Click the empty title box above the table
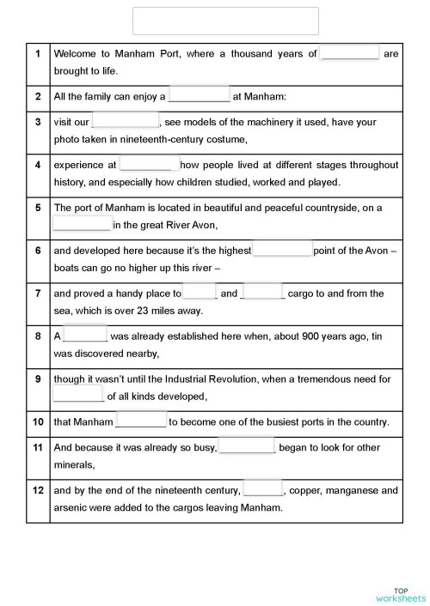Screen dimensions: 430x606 (225, 21)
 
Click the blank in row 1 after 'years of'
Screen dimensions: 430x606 (349, 53)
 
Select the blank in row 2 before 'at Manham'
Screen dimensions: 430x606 (200, 96)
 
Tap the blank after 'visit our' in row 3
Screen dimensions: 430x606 (126, 121)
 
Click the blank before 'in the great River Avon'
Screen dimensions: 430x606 (83, 225)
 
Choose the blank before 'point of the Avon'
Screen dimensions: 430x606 (282, 250)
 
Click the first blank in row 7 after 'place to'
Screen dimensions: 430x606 (200, 293)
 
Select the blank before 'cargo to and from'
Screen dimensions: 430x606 (263, 293)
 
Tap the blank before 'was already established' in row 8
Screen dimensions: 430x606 (85, 336)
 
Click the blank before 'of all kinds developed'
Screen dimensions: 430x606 (78, 396)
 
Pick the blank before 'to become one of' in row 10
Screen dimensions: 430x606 (141, 421)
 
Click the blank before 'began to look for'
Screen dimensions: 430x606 (247, 446)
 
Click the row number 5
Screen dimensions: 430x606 (38, 208)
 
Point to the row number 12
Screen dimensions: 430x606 (38, 490)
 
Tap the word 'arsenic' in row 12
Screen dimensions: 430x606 (71, 507)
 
